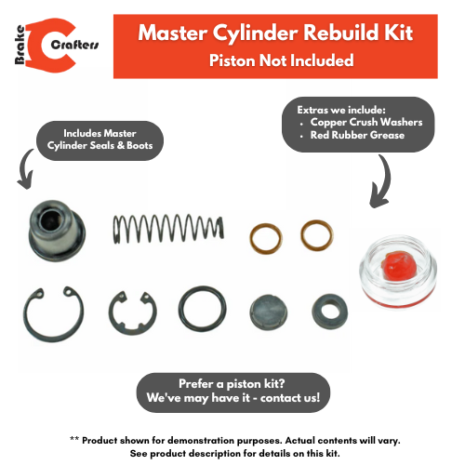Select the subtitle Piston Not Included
281,61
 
